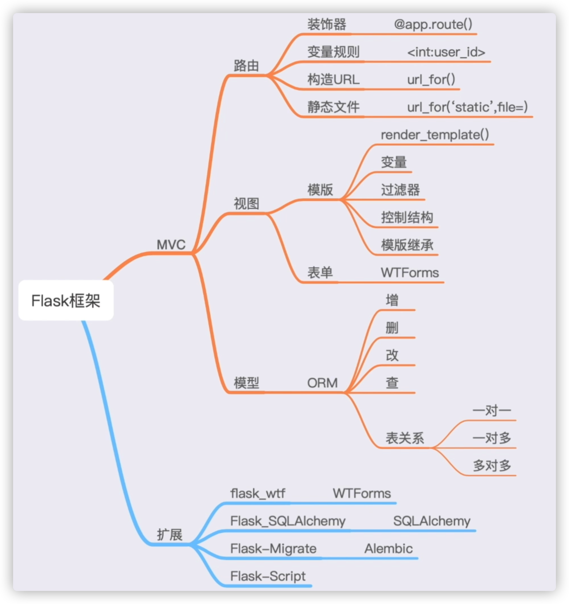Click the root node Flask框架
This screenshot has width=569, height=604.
[66, 301]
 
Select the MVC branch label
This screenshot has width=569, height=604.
[171, 245]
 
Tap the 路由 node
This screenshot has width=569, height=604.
[246, 66]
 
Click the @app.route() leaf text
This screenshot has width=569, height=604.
[433, 24]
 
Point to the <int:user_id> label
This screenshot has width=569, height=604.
[446, 52]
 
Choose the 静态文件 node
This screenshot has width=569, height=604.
[333, 107]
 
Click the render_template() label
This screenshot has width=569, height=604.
[435, 135]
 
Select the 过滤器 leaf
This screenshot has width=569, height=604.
[400, 190]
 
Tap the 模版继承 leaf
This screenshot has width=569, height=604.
[407, 245]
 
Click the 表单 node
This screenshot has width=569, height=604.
[320, 273]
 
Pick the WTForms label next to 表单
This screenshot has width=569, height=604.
[410, 273]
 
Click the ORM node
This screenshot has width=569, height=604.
[322, 383]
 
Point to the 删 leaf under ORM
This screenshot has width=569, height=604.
[392, 328]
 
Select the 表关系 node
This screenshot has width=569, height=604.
[405, 438]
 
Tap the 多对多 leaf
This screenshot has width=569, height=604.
[492, 466]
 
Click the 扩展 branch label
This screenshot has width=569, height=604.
[170, 535]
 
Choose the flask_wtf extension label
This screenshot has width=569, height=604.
[258, 493]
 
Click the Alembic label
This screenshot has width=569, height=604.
[389, 548]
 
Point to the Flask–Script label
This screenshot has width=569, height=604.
[268, 576]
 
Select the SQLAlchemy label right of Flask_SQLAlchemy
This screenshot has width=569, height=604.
[431, 521]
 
